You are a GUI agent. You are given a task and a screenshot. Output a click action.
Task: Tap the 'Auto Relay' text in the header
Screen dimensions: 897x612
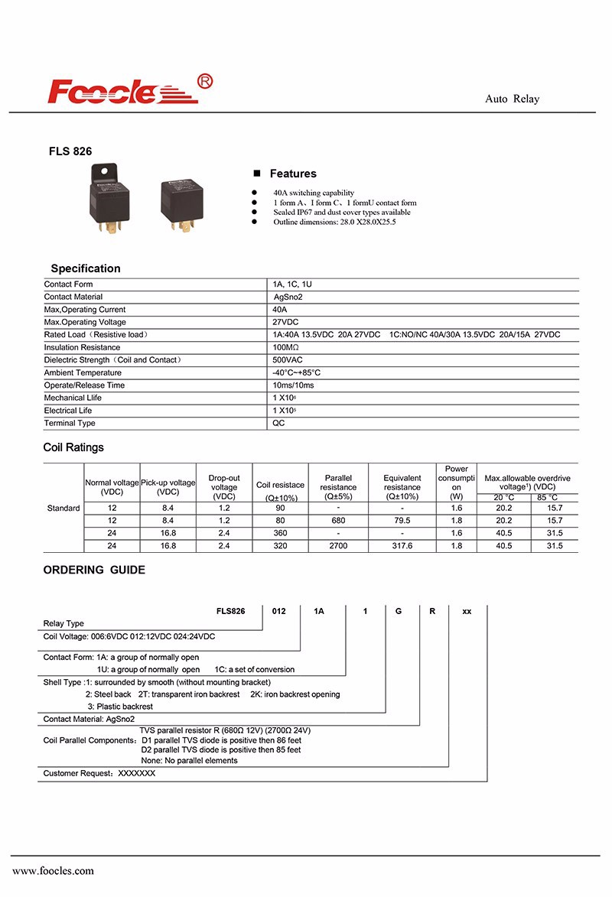pyautogui.click(x=512, y=99)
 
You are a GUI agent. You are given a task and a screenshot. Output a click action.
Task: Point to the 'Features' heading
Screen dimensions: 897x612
pyautogui.click(x=292, y=174)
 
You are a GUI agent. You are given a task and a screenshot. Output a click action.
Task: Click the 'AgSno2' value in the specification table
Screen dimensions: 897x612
pyautogui.click(x=289, y=297)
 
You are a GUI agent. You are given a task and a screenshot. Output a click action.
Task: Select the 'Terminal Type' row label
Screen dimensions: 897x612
pyautogui.click(x=70, y=424)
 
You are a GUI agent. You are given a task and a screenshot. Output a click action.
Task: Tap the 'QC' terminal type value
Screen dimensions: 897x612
pyautogui.click(x=279, y=424)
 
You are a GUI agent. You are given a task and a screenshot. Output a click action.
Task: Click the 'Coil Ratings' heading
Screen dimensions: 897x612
pyautogui.click(x=73, y=447)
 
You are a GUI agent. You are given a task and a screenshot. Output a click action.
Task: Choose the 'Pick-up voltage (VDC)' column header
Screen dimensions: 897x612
pyautogui.click(x=168, y=487)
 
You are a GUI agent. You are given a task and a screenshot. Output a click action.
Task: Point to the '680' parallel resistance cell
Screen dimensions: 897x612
pyautogui.click(x=338, y=521)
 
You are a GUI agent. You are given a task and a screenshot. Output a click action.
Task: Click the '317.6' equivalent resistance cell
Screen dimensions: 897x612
pyautogui.click(x=402, y=546)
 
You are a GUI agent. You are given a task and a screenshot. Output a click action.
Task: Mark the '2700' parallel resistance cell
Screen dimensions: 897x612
pyautogui.click(x=338, y=546)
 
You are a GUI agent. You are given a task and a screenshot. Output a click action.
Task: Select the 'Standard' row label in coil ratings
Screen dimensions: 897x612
pyautogui.click(x=63, y=509)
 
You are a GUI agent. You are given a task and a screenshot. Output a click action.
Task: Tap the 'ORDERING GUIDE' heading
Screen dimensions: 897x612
pyautogui.click(x=94, y=570)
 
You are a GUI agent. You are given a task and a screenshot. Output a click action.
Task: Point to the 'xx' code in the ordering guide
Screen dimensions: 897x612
pyautogui.click(x=467, y=612)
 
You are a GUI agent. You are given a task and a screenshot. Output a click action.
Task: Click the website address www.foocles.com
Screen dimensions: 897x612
pyautogui.click(x=53, y=870)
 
